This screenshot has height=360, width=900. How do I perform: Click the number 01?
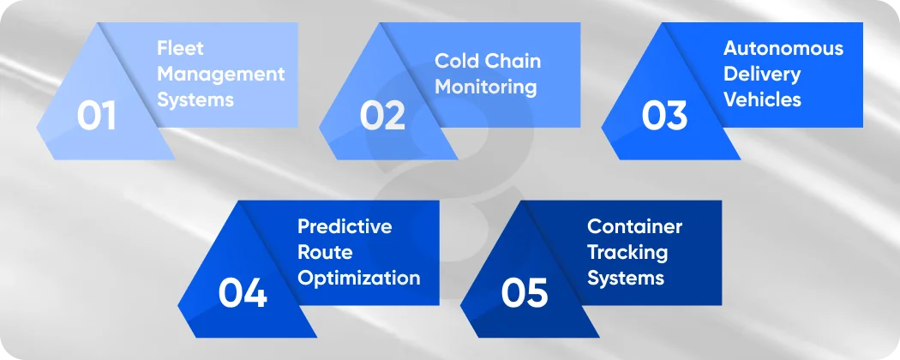(x=96, y=116)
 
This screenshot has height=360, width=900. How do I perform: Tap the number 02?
(x=381, y=116)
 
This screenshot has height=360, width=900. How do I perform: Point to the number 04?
(x=243, y=293)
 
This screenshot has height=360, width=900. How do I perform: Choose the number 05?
(x=524, y=293)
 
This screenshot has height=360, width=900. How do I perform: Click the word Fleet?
(x=180, y=48)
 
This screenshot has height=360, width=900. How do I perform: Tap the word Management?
(x=220, y=74)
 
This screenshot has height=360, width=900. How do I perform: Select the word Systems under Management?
(x=195, y=99)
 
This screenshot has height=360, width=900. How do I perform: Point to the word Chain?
(x=513, y=61)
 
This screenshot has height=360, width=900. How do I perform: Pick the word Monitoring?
(x=485, y=87)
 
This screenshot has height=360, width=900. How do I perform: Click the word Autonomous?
(x=783, y=48)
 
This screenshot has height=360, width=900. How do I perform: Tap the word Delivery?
(x=761, y=74)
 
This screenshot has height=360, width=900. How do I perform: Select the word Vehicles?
(x=762, y=99)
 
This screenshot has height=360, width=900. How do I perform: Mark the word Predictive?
(x=345, y=226)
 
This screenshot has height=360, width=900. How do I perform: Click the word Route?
(x=325, y=252)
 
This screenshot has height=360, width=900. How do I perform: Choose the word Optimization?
(x=358, y=278)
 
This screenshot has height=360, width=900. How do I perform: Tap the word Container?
(x=634, y=226)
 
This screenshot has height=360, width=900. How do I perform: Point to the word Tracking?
(x=627, y=252)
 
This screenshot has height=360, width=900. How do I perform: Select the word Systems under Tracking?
(x=625, y=278)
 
